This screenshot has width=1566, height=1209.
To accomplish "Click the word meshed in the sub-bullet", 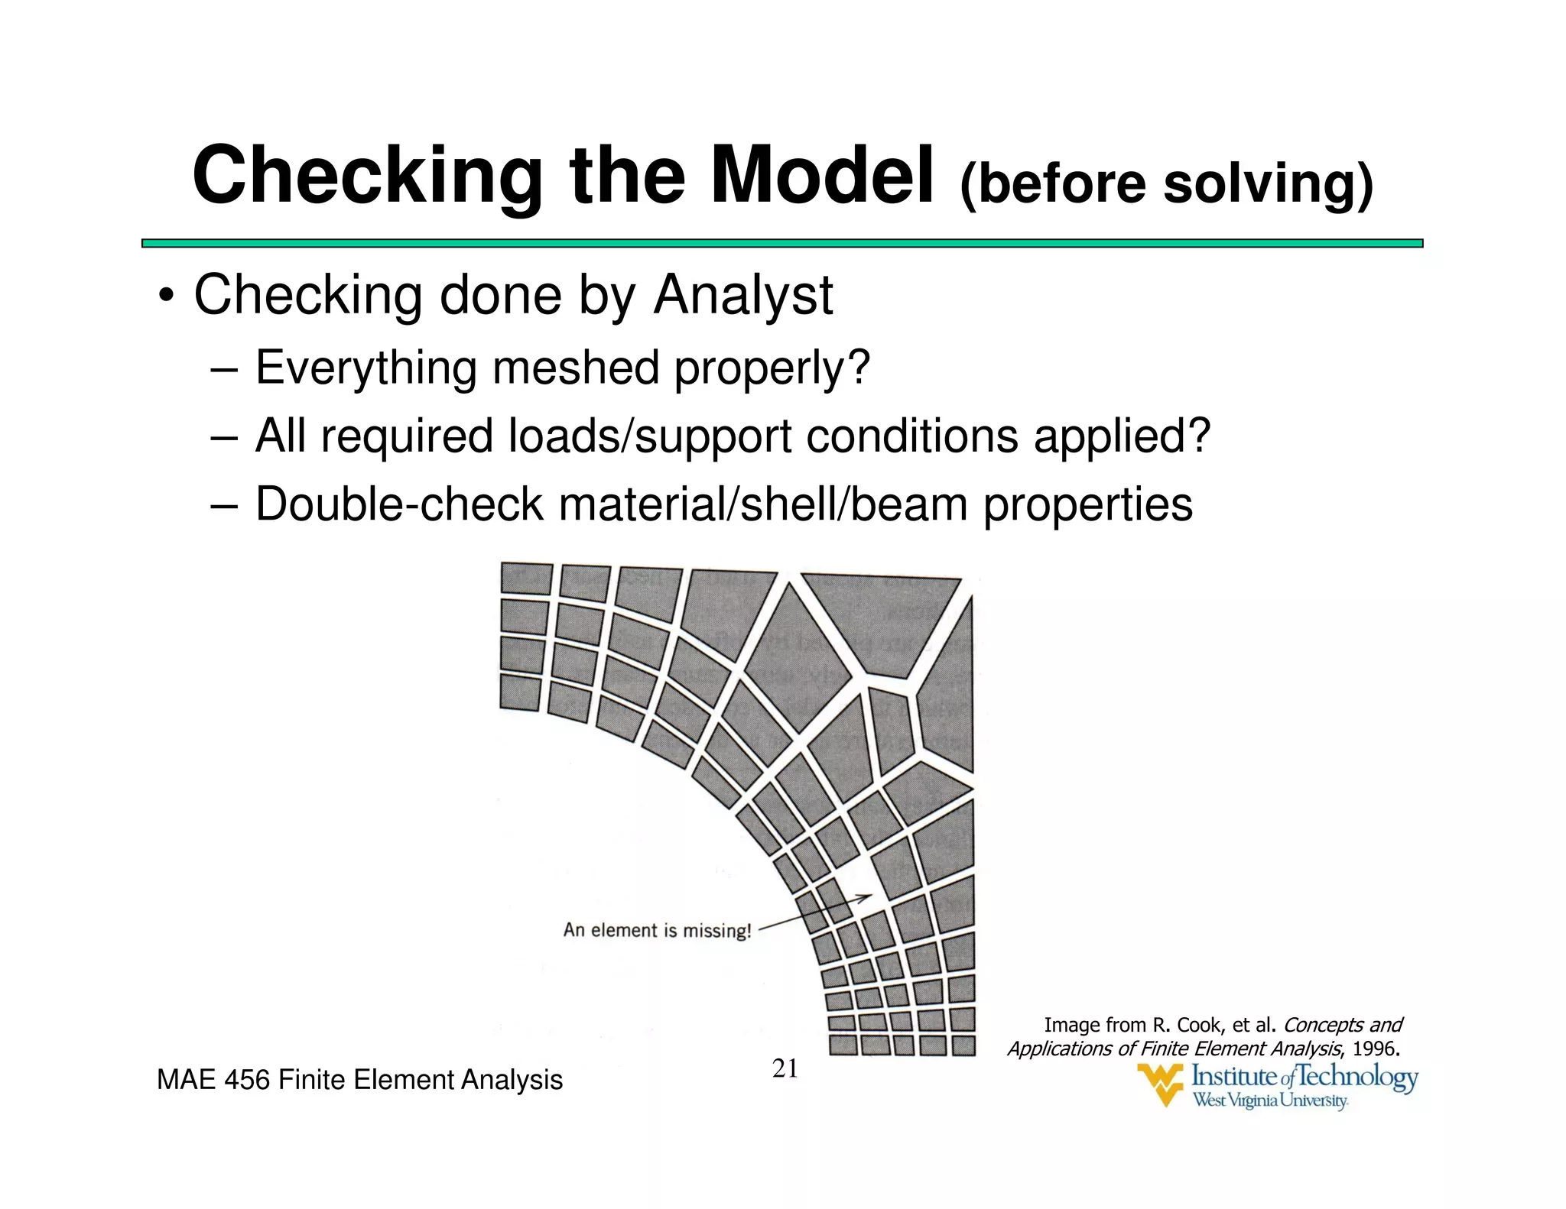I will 575,368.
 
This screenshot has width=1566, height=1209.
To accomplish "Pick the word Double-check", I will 398,505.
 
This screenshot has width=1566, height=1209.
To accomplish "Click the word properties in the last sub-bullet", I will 1087,505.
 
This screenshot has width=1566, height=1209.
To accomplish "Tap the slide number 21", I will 785,1068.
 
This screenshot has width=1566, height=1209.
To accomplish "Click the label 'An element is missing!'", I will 657,930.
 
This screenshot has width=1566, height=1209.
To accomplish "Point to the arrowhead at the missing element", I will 868,896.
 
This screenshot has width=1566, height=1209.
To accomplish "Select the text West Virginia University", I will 1270,1100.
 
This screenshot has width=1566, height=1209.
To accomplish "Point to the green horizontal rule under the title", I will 781,243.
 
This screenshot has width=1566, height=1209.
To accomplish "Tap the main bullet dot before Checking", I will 165,297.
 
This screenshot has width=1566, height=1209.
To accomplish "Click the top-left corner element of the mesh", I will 526,579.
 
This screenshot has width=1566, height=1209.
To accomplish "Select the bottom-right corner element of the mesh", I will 963,1045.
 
